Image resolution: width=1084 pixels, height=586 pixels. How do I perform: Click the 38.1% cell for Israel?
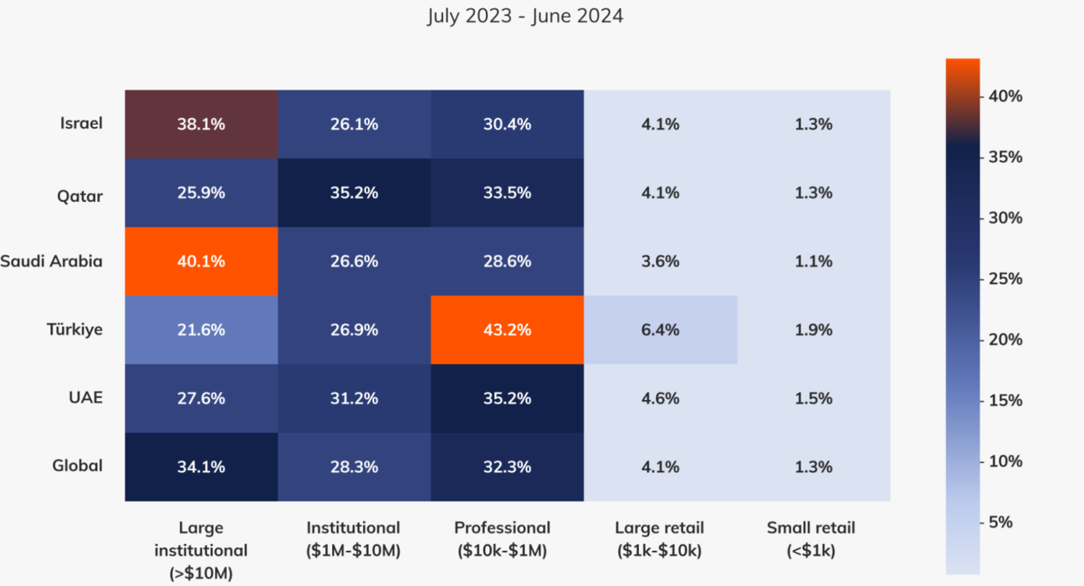(x=201, y=124)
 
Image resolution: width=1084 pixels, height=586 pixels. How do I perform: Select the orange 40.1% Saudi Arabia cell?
(x=201, y=261)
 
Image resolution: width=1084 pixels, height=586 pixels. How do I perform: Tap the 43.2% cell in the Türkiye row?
(x=507, y=330)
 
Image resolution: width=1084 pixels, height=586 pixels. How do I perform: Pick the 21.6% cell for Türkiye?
(x=201, y=330)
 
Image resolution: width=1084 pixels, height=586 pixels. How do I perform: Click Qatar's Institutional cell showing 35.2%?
(x=354, y=193)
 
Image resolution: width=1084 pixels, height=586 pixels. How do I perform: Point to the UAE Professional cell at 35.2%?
(x=507, y=398)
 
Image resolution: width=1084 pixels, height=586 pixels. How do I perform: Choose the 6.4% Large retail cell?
(x=660, y=330)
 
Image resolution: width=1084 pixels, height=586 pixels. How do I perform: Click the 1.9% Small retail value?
(x=813, y=330)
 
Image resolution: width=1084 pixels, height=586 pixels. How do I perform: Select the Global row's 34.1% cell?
(x=201, y=467)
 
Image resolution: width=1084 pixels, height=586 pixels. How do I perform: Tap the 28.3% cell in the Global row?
(x=354, y=467)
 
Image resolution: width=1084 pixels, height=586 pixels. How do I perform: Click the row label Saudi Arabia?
(x=51, y=261)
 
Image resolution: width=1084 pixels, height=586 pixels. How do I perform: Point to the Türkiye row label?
(x=75, y=330)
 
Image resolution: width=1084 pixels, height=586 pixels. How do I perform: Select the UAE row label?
(x=86, y=398)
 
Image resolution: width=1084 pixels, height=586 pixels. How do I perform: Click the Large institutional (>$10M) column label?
(x=201, y=550)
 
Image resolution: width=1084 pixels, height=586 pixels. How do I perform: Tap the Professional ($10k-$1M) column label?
(x=502, y=539)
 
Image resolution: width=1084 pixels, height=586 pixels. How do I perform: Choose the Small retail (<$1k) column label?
(x=811, y=539)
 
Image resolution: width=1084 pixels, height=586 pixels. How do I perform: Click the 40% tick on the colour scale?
(x=1005, y=96)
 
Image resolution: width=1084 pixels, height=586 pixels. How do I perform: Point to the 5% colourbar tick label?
(x=1000, y=522)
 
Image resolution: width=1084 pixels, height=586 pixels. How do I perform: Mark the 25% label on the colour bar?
(x=1005, y=279)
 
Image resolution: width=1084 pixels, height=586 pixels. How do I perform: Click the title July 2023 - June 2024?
(x=524, y=16)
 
